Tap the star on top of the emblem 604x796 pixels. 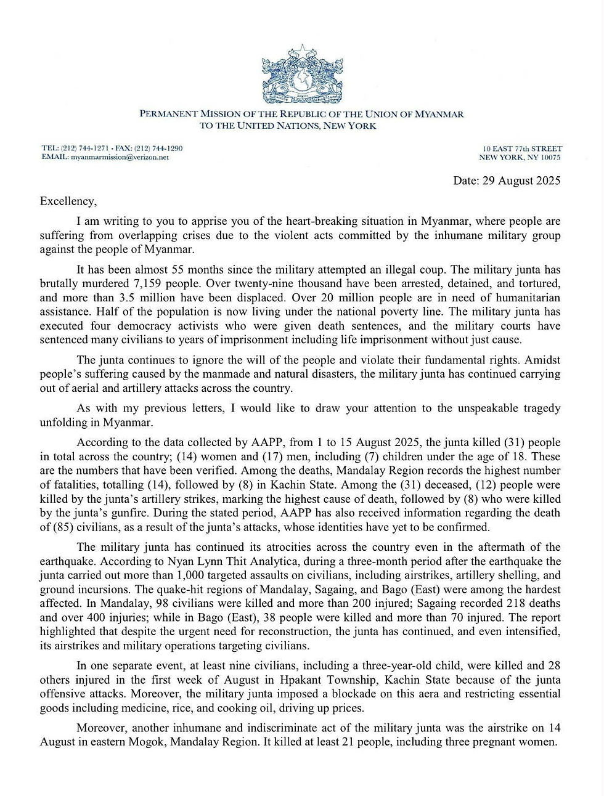[x=302, y=50]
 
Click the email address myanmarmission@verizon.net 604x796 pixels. [x=120, y=157]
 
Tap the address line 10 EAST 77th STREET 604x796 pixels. [x=522, y=148]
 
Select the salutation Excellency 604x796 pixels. [x=68, y=201]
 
